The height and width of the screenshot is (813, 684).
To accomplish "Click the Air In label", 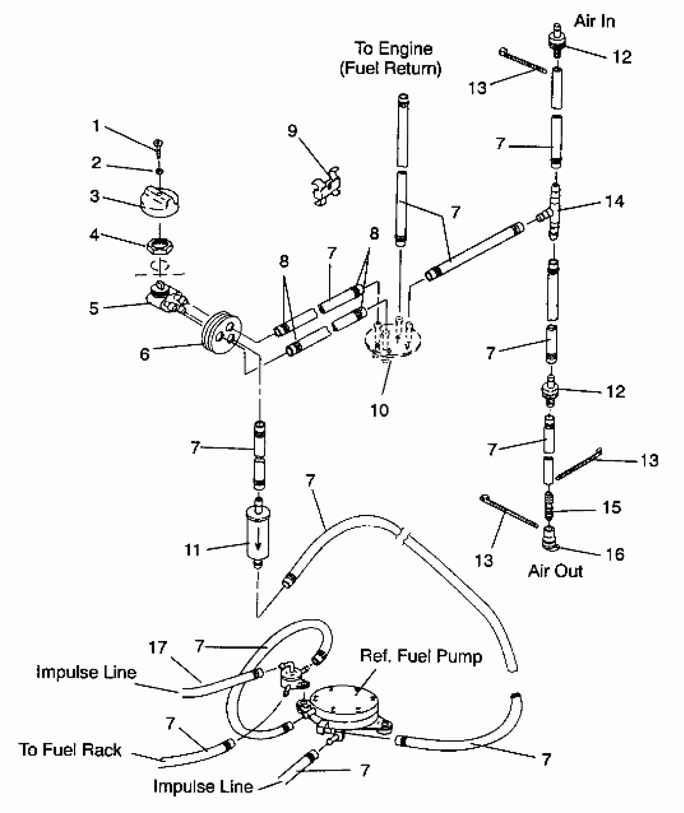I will pyautogui.click(x=595, y=21).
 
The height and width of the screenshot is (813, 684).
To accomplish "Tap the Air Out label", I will pyautogui.click(x=555, y=571).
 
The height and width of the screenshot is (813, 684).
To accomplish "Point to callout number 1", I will pyautogui.click(x=96, y=126).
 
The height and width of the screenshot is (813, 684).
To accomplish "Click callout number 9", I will pyautogui.click(x=293, y=131).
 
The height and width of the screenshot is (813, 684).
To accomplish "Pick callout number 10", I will pyautogui.click(x=379, y=410).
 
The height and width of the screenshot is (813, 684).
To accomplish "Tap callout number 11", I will pyautogui.click(x=192, y=550).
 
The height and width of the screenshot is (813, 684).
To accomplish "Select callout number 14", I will pyautogui.click(x=614, y=201).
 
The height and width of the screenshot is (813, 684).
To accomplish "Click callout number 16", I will pyautogui.click(x=615, y=554).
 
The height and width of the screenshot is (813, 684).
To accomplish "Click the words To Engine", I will pyautogui.click(x=393, y=49).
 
